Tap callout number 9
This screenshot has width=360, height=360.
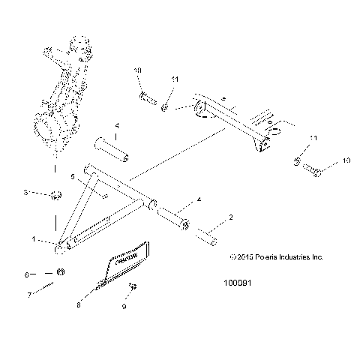click(x=124, y=307)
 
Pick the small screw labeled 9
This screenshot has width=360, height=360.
click(x=132, y=287)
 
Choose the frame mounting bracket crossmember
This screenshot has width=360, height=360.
click(x=232, y=120)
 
